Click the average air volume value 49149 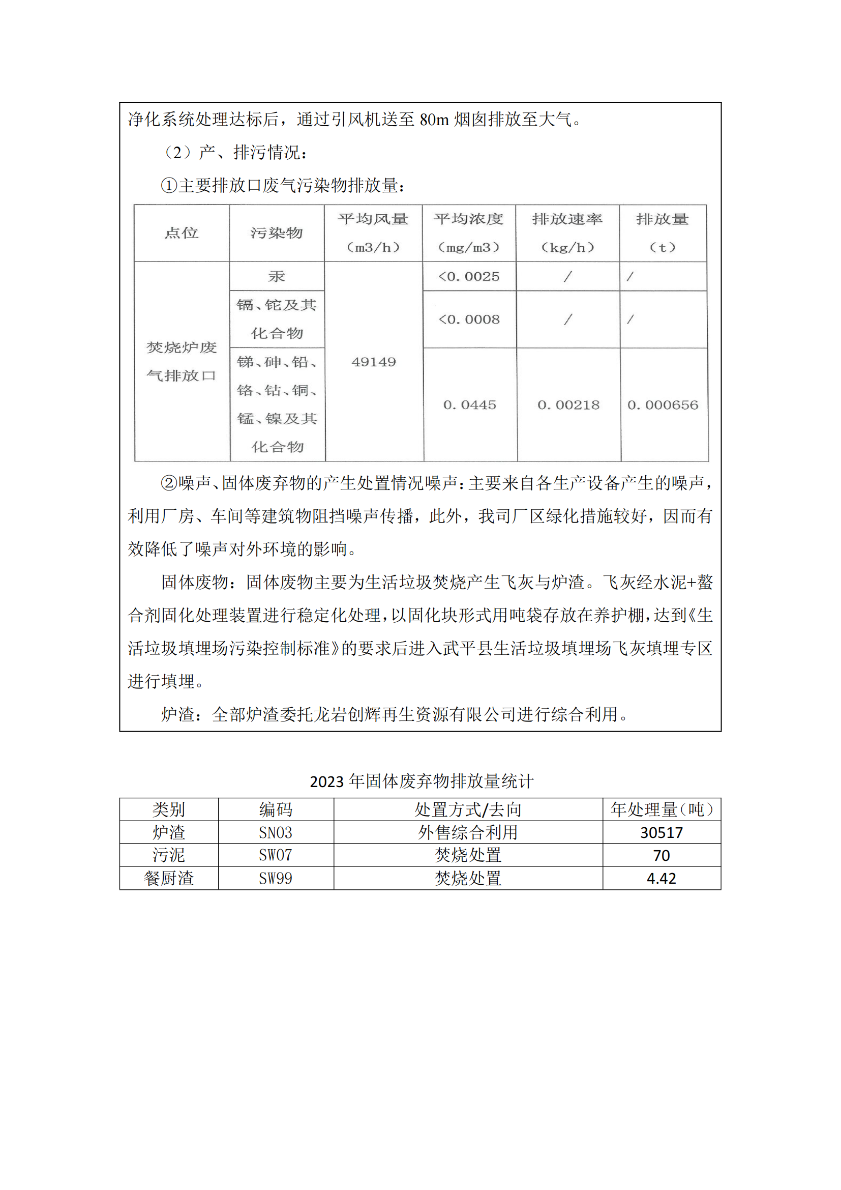pyautogui.click(x=373, y=362)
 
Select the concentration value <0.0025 pyautogui.click(x=469, y=276)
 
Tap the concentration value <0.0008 pyautogui.click(x=469, y=320)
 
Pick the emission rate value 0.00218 pyautogui.click(x=568, y=405)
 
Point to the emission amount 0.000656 pyautogui.click(x=663, y=405)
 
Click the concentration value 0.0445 pyautogui.click(x=469, y=405)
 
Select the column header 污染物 pyautogui.click(x=277, y=233)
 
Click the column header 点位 pyautogui.click(x=181, y=233)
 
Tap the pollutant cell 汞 pyautogui.click(x=277, y=276)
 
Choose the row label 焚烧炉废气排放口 pyautogui.click(x=181, y=361)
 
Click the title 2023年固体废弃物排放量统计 pyautogui.click(x=421, y=780)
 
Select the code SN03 pyautogui.click(x=276, y=832)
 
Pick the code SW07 pyautogui.click(x=276, y=855)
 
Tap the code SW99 pyautogui.click(x=276, y=879)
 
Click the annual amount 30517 pyautogui.click(x=662, y=832)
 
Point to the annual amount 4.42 pyautogui.click(x=662, y=879)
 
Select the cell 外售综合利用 pyautogui.click(x=468, y=832)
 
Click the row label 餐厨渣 pyautogui.click(x=169, y=879)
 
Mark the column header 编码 pyautogui.click(x=276, y=809)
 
